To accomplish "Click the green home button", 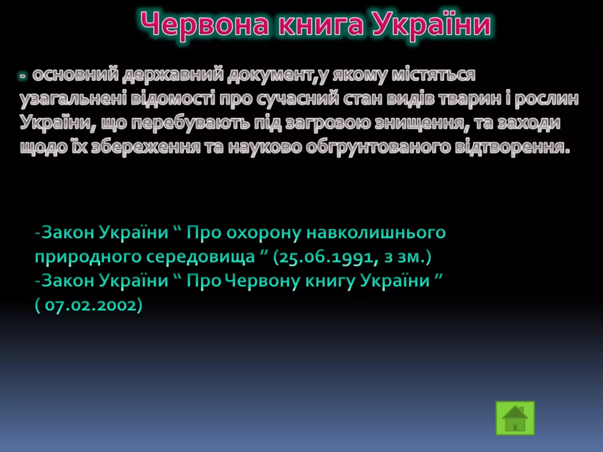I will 515,418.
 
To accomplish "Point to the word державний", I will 173,75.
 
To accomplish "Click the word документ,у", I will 278,75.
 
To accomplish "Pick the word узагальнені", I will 73,99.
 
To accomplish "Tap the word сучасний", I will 297,99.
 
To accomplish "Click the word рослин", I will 546,99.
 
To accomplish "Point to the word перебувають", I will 190,123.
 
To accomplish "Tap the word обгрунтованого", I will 378,147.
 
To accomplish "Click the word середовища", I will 201,257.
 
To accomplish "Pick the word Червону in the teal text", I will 264,281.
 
